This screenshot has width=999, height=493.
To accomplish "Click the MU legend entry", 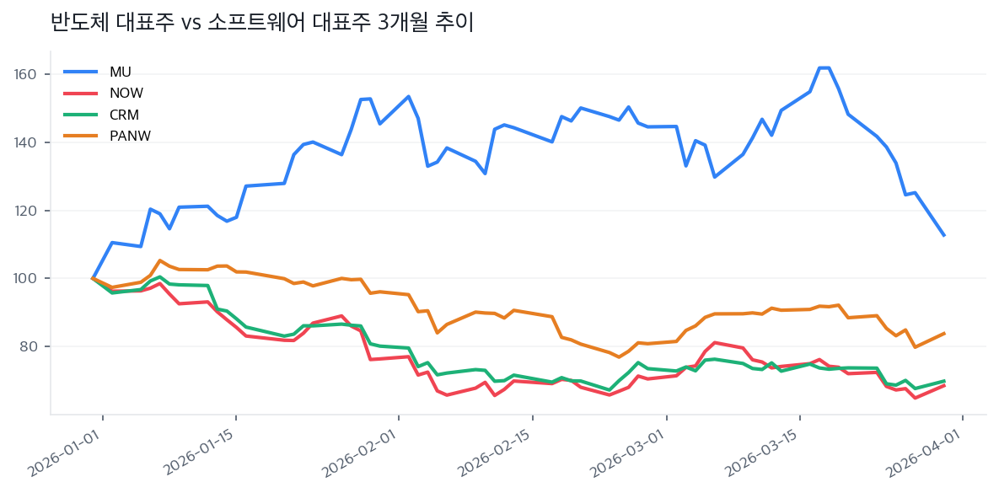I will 121,71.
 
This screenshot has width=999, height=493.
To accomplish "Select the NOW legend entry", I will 126,93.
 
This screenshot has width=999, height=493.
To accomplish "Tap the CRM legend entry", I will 124,115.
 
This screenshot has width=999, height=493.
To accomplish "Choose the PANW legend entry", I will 130,136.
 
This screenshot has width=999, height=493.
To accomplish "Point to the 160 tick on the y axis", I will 26,75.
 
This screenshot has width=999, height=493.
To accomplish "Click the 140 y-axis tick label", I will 26,143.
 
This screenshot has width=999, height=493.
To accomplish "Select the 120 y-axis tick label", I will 26,212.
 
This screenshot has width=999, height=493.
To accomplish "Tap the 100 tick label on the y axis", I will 26,279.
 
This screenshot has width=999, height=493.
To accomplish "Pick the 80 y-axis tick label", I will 29,347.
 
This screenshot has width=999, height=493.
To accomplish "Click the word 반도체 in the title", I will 80,23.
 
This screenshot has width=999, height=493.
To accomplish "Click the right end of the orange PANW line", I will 944,333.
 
